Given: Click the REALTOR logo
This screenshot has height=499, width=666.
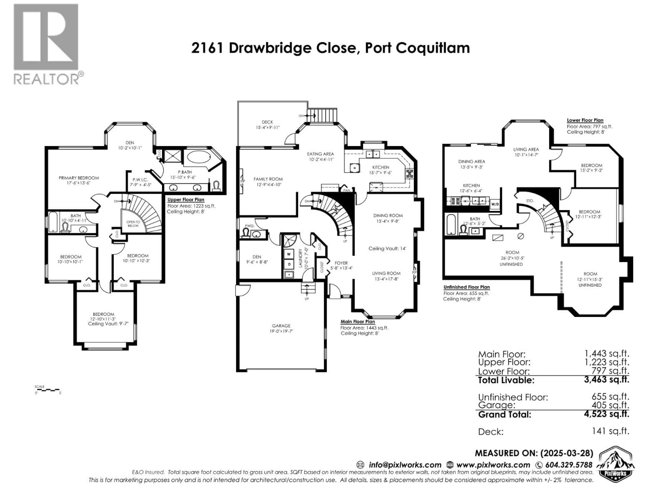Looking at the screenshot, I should [x=47, y=44].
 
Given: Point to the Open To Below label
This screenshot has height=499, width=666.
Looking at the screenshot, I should [x=133, y=224].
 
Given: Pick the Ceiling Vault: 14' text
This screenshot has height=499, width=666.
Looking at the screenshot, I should [x=387, y=248].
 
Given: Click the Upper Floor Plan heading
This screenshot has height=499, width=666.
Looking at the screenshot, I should [x=186, y=200].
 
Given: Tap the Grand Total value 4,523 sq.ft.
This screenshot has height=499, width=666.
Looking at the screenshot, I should [x=606, y=414].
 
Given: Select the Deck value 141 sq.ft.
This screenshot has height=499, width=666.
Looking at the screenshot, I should [x=610, y=431].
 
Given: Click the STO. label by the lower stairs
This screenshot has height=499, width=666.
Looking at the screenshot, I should [x=530, y=201].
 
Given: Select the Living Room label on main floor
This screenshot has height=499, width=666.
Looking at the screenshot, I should [x=386, y=273].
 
